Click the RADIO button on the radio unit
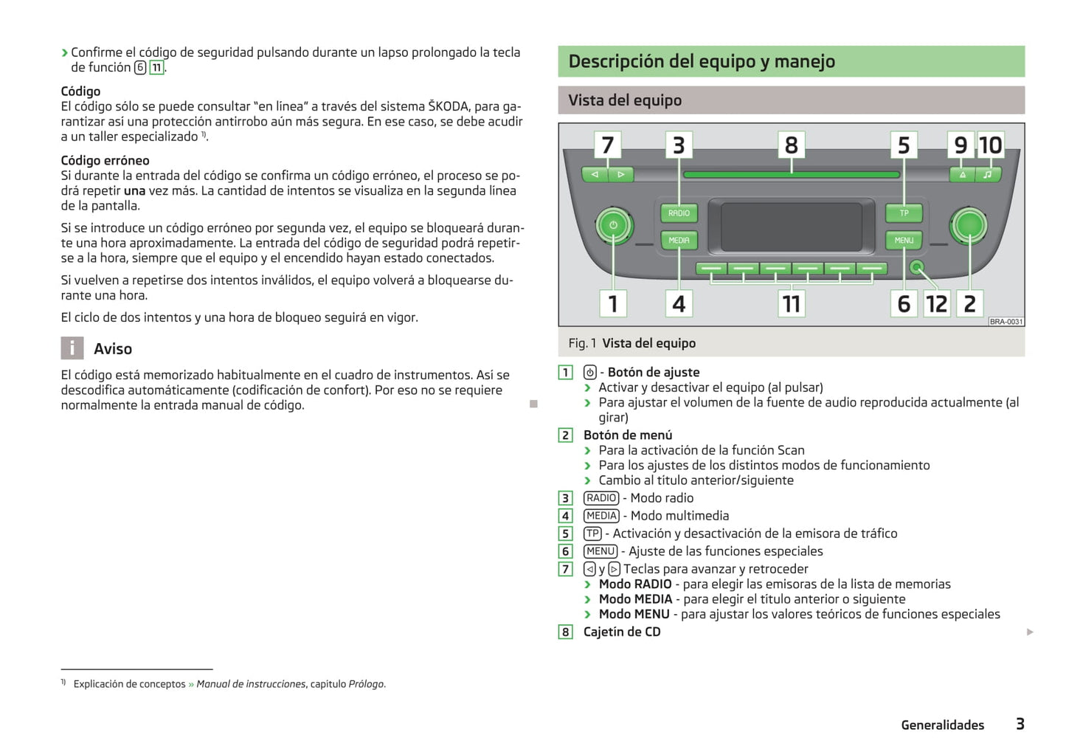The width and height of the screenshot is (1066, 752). [679, 213]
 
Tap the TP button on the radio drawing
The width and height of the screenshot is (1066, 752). [904, 213]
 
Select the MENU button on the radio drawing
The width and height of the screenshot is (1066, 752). [904, 241]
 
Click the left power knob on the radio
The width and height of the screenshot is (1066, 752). [613, 225]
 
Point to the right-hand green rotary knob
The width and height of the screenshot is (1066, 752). [969, 225]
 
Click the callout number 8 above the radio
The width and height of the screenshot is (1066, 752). [791, 145]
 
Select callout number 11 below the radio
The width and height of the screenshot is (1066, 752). [791, 303]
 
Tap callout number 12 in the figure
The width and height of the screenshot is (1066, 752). [936, 303]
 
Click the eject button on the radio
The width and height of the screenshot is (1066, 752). [962, 175]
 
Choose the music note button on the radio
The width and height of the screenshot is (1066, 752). [987, 175]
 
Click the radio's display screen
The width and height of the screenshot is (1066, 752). [791, 227]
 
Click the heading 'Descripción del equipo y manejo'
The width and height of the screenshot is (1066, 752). [702, 61]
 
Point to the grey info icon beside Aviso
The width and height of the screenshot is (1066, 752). [72, 348]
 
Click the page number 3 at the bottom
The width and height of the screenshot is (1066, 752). [1020, 724]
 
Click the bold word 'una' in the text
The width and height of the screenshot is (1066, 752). [134, 190]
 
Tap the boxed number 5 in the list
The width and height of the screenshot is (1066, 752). [565, 534]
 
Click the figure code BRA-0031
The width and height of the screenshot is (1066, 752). [1006, 322]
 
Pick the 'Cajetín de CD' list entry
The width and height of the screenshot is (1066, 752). [622, 632]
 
